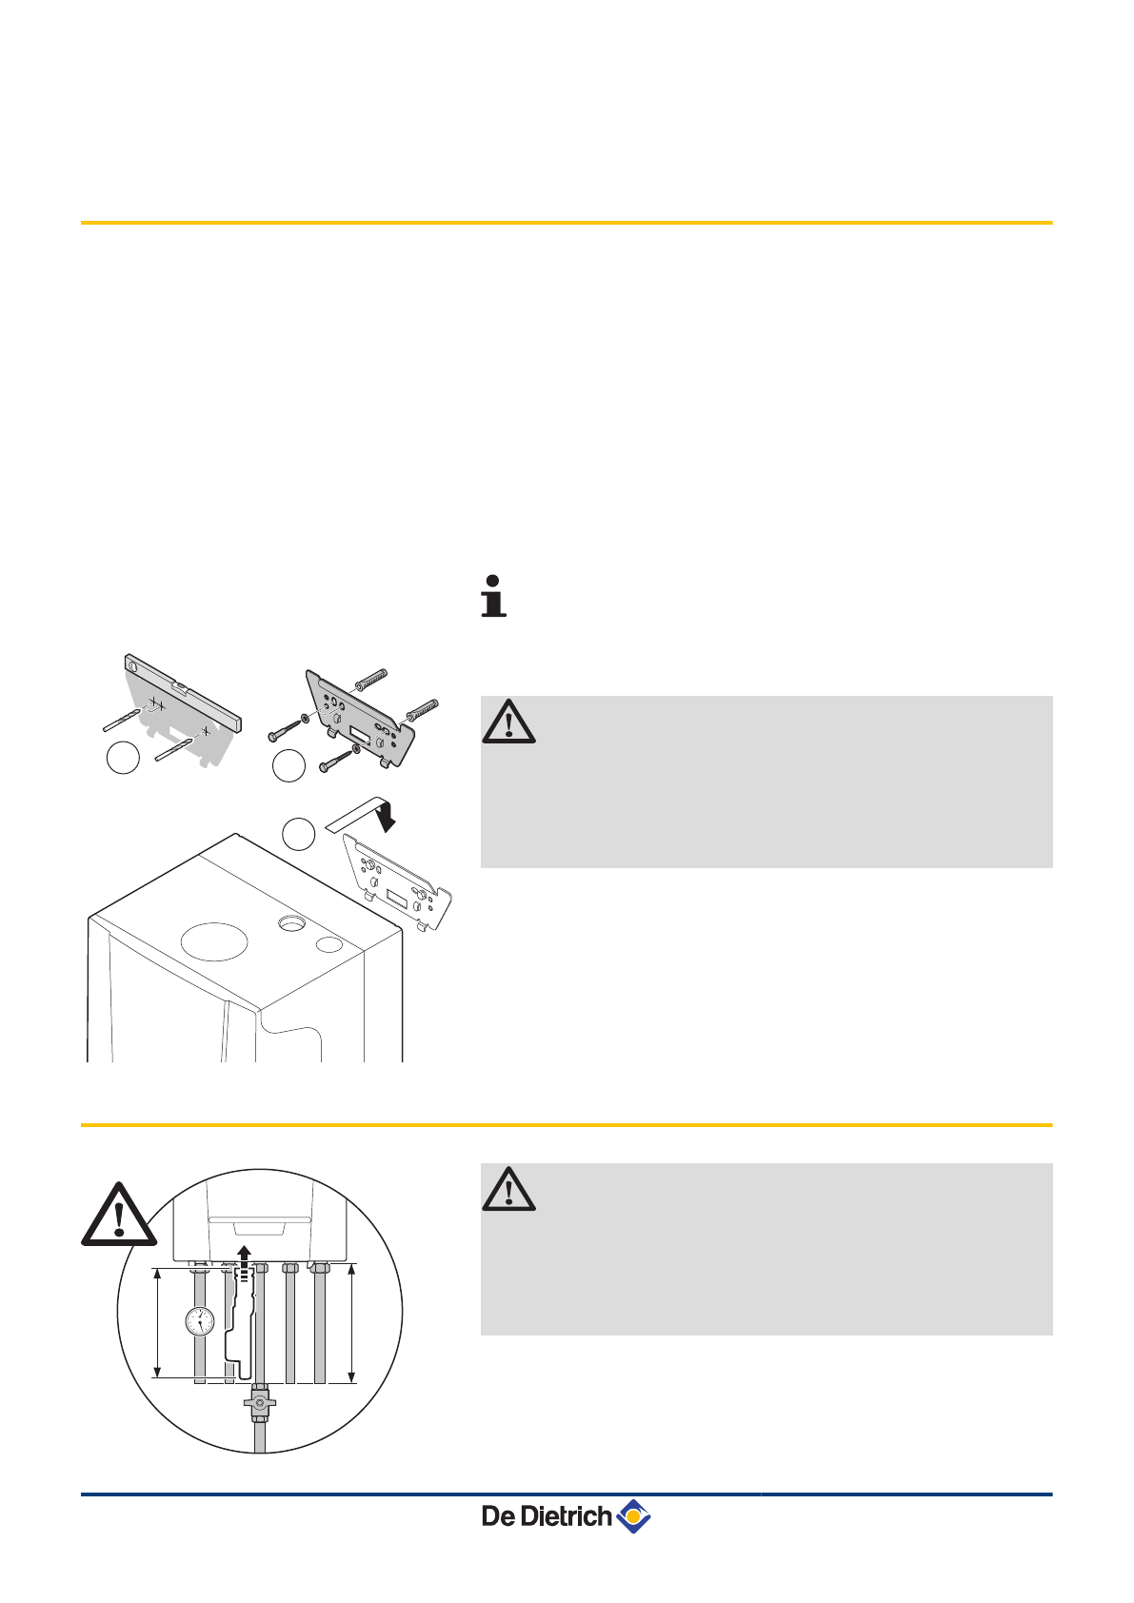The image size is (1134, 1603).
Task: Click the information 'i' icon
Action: pyautogui.click(x=493, y=596)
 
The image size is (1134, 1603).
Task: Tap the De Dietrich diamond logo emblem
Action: pyautogui.click(x=633, y=1515)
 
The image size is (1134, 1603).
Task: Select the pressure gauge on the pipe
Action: pyautogui.click(x=200, y=1321)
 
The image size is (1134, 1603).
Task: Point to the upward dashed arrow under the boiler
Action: pyautogui.click(x=245, y=1261)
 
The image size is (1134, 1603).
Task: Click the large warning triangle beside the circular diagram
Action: pyautogui.click(x=118, y=1217)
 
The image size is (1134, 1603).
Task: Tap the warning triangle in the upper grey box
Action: pyautogui.click(x=508, y=722)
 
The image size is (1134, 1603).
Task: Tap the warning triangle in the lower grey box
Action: pyautogui.click(x=508, y=1190)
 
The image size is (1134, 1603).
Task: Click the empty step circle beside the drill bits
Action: pyautogui.click(x=123, y=758)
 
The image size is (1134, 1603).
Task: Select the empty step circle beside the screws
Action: pyautogui.click(x=288, y=765)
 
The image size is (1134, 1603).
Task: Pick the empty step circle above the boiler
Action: pyautogui.click(x=299, y=834)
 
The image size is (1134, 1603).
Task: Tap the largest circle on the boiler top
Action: pyautogui.click(x=214, y=940)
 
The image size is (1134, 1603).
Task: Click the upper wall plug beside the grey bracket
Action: pyautogui.click(x=371, y=681)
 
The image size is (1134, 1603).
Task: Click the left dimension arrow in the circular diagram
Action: pyautogui.click(x=158, y=1322)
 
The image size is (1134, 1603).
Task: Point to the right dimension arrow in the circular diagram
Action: pyautogui.click(x=352, y=1323)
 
